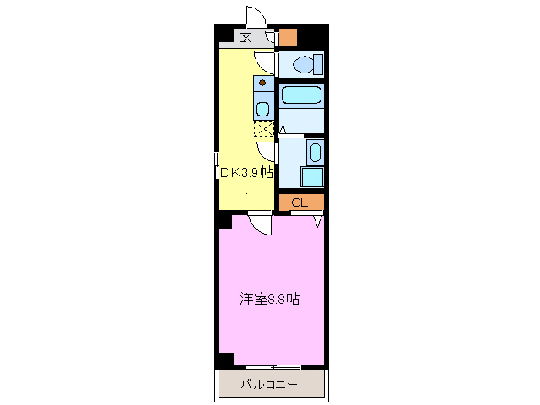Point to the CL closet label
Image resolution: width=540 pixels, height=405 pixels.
[x=299, y=203]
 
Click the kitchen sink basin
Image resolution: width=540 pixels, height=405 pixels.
[x=263, y=108]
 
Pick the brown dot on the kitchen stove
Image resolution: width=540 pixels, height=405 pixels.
[x=263, y=83]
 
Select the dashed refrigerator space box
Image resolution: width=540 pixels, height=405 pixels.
[x=265, y=129]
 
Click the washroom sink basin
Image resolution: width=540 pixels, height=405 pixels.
[x=314, y=153]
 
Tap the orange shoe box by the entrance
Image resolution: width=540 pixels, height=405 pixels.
[x=289, y=37]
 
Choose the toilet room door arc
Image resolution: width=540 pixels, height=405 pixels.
[x=267, y=62]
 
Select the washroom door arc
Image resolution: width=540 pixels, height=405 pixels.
[x=267, y=153]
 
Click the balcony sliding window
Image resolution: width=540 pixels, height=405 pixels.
[x=274, y=366]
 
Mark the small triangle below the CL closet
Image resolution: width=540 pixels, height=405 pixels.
[x=318, y=221]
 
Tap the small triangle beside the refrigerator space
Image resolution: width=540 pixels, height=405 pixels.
[x=283, y=129]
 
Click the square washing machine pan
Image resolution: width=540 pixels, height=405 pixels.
[x=312, y=176]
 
